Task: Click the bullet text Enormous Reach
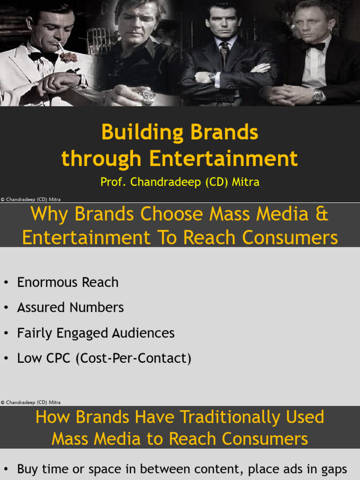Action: click(67, 282)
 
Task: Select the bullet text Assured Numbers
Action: click(70, 307)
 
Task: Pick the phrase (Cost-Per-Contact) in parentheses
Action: click(135, 359)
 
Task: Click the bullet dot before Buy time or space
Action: click(6, 469)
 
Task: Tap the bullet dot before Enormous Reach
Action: click(6, 283)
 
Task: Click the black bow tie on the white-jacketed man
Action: click(43, 56)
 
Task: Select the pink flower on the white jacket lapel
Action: click(68, 57)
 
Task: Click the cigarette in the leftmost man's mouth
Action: click(60, 47)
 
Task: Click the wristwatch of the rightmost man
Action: click(318, 95)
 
